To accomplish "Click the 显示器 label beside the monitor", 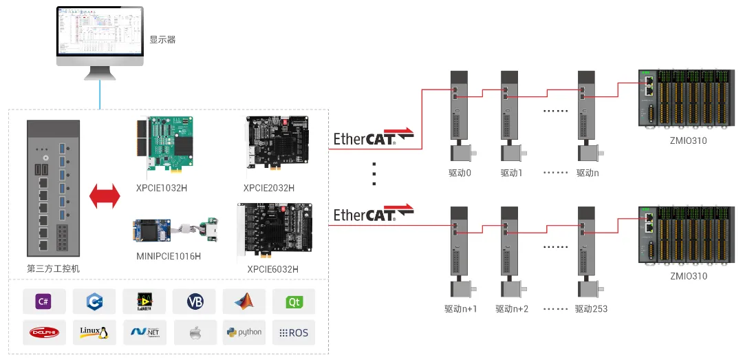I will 162,40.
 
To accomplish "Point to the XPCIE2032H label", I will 269,188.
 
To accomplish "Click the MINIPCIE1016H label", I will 169,257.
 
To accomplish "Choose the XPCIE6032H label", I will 273,269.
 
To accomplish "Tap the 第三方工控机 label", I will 53,268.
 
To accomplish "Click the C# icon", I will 44,301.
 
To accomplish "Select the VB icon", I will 195,301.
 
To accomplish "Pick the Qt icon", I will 294,301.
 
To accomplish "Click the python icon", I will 244,332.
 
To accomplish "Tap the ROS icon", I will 294,332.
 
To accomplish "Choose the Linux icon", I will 94,332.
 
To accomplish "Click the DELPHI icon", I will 44,332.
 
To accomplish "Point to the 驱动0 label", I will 458,173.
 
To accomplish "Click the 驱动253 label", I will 592,309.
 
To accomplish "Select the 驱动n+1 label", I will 461,309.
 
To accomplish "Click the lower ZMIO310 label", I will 688,276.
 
